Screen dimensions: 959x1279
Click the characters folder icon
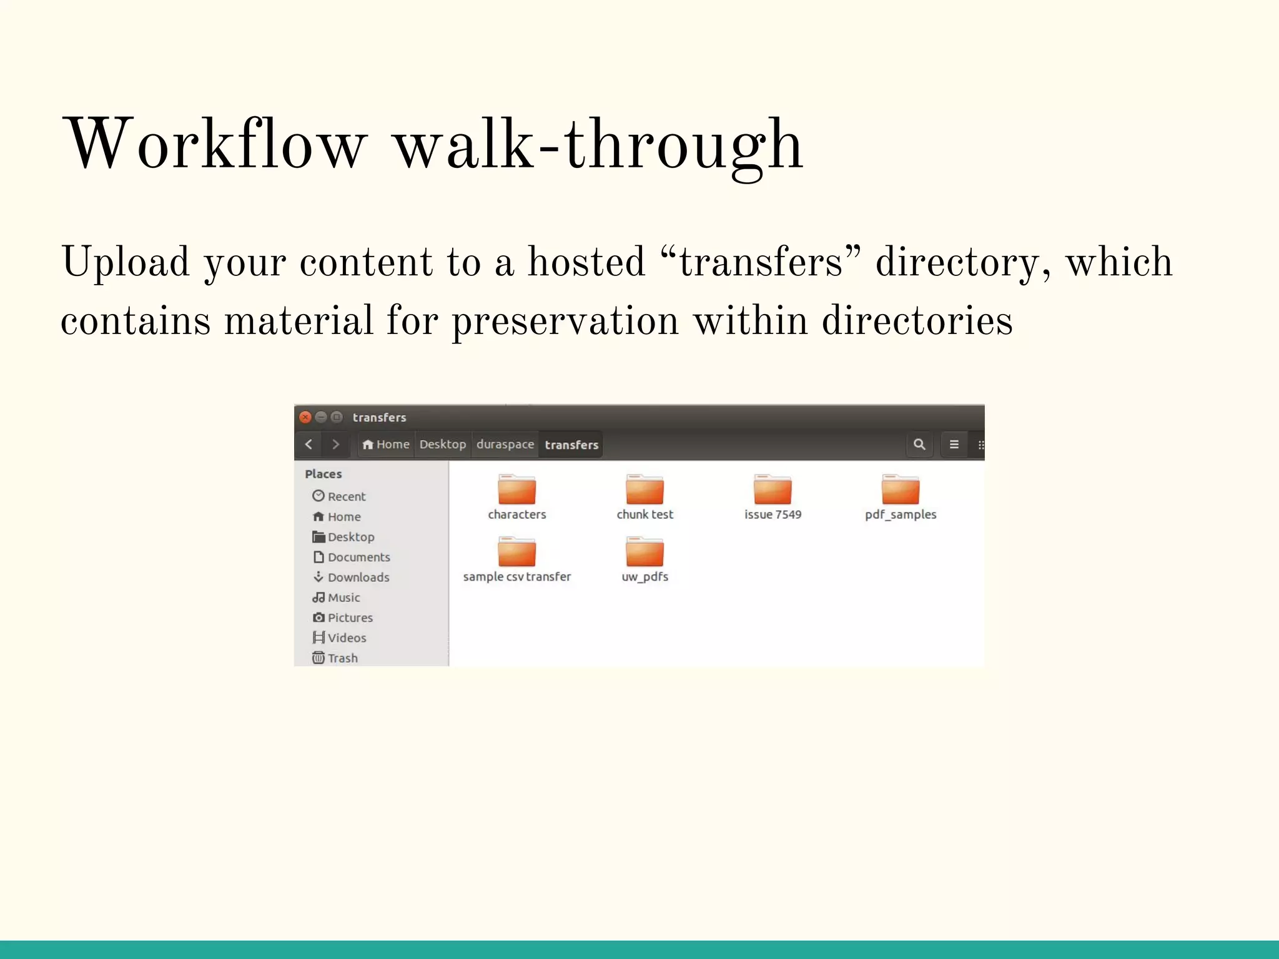(x=516, y=489)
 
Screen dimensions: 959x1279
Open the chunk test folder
(x=644, y=489)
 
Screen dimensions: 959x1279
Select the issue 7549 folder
(x=773, y=489)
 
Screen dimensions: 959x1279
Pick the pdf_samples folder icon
(x=900, y=489)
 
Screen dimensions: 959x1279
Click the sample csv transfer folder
(x=516, y=552)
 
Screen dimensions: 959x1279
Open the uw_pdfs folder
(x=644, y=552)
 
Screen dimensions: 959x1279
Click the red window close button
(x=305, y=417)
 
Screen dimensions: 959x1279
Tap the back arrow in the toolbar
(x=309, y=445)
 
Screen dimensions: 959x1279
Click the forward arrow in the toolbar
(x=335, y=445)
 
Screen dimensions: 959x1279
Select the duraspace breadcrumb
(x=505, y=445)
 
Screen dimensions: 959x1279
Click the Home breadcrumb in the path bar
(x=386, y=445)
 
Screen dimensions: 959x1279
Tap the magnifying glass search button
(x=919, y=445)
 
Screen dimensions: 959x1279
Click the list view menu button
(x=954, y=445)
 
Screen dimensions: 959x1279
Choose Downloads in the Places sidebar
(x=358, y=578)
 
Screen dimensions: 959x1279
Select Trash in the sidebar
(x=342, y=658)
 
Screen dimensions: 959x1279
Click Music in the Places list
(x=343, y=598)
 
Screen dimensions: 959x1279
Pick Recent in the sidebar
(x=346, y=496)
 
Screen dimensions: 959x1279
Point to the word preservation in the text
(x=565, y=321)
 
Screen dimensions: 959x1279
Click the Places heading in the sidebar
(x=323, y=474)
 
